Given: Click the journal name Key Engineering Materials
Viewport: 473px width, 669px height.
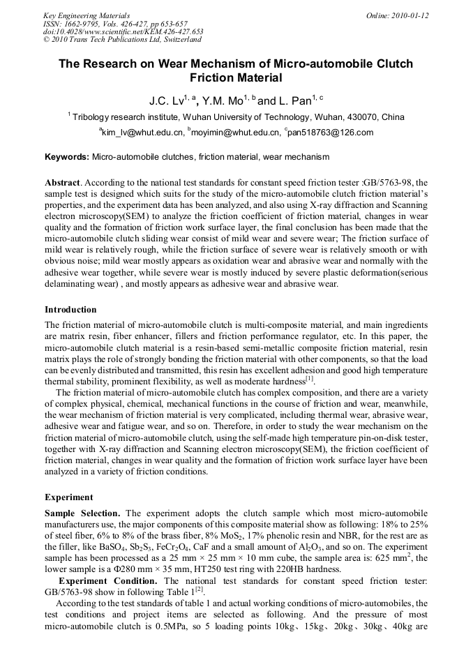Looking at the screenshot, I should [87, 15].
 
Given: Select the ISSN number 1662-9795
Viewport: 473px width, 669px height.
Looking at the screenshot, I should [86, 24].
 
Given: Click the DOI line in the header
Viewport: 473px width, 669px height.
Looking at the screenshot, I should [123, 31].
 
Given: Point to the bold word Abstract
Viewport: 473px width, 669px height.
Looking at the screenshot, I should [63, 182].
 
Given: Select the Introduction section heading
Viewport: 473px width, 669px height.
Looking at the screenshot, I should [70, 309].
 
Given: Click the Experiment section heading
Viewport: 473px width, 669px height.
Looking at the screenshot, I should [69, 497].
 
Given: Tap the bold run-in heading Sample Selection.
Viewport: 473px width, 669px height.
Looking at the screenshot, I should [83, 513].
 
